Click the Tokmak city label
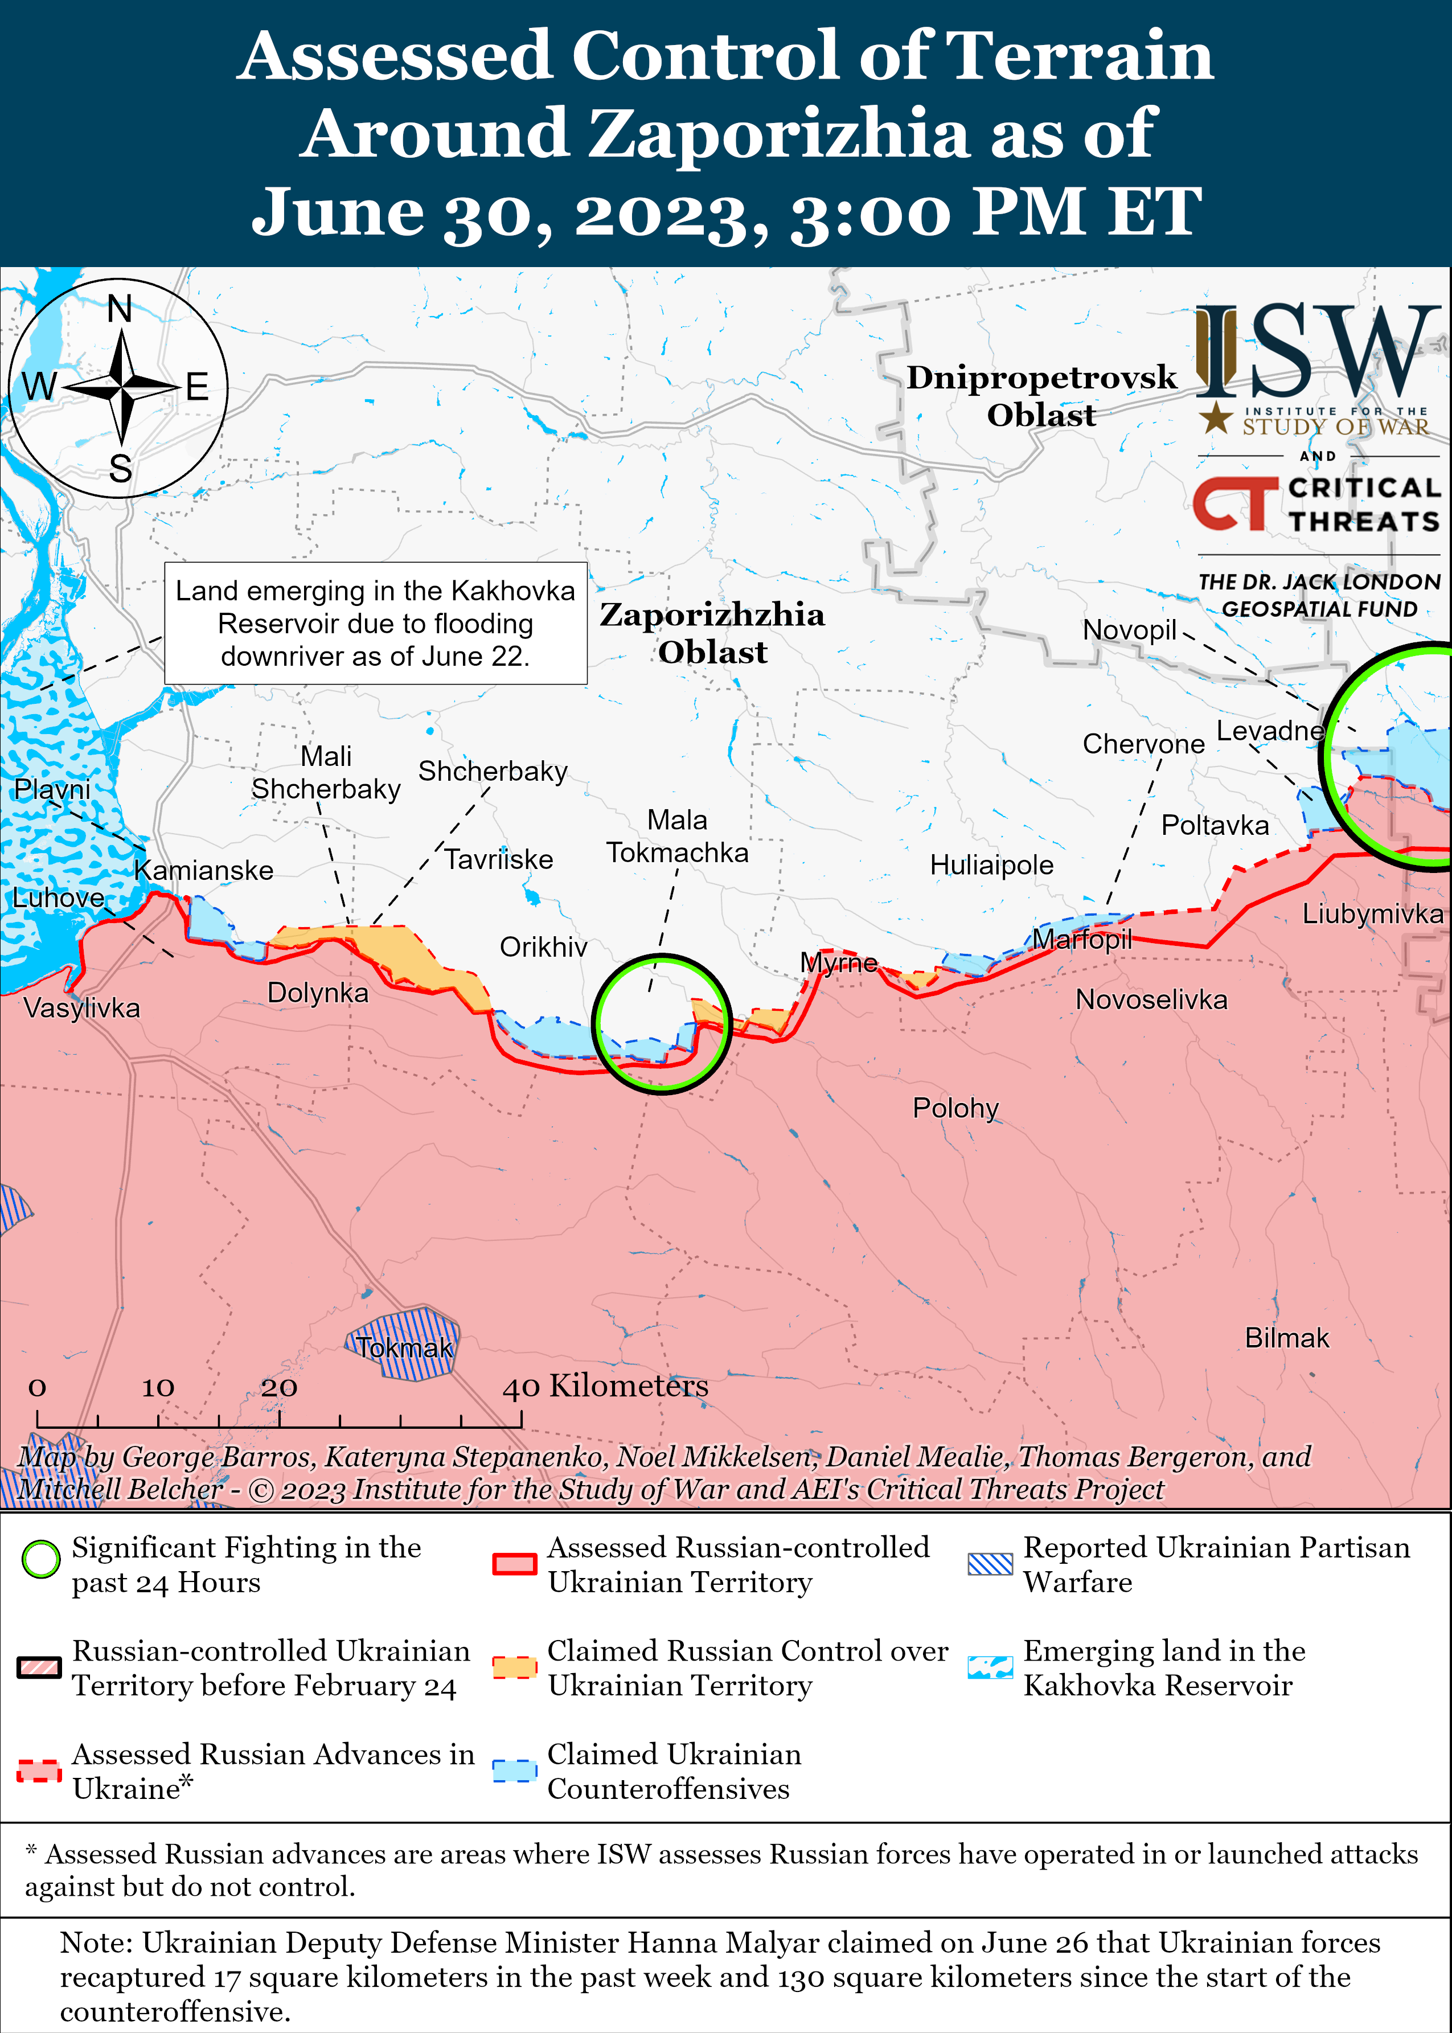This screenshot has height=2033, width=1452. [404, 1347]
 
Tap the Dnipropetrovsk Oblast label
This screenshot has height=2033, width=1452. [1041, 396]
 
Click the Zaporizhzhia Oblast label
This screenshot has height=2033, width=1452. [712, 633]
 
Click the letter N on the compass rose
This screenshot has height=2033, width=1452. [119, 309]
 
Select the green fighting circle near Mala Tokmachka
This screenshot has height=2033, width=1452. [662, 1024]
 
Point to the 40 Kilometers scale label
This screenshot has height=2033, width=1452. [605, 1386]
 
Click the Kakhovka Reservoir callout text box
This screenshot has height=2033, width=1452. [375, 623]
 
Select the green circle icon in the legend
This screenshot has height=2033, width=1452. [40, 1560]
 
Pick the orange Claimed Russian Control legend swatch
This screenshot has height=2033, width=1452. [514, 1666]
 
